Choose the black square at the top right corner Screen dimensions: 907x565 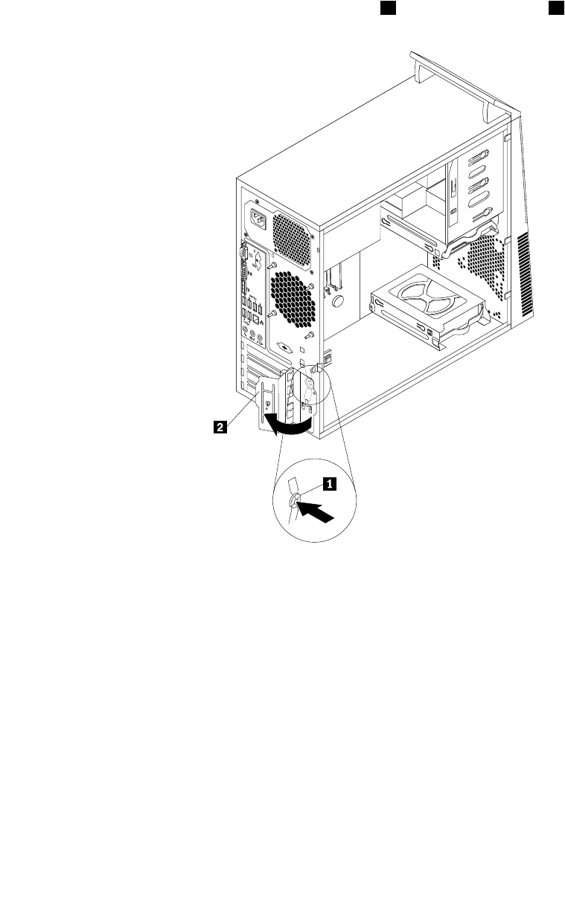[555, 7]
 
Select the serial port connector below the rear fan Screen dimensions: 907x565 [284, 347]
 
